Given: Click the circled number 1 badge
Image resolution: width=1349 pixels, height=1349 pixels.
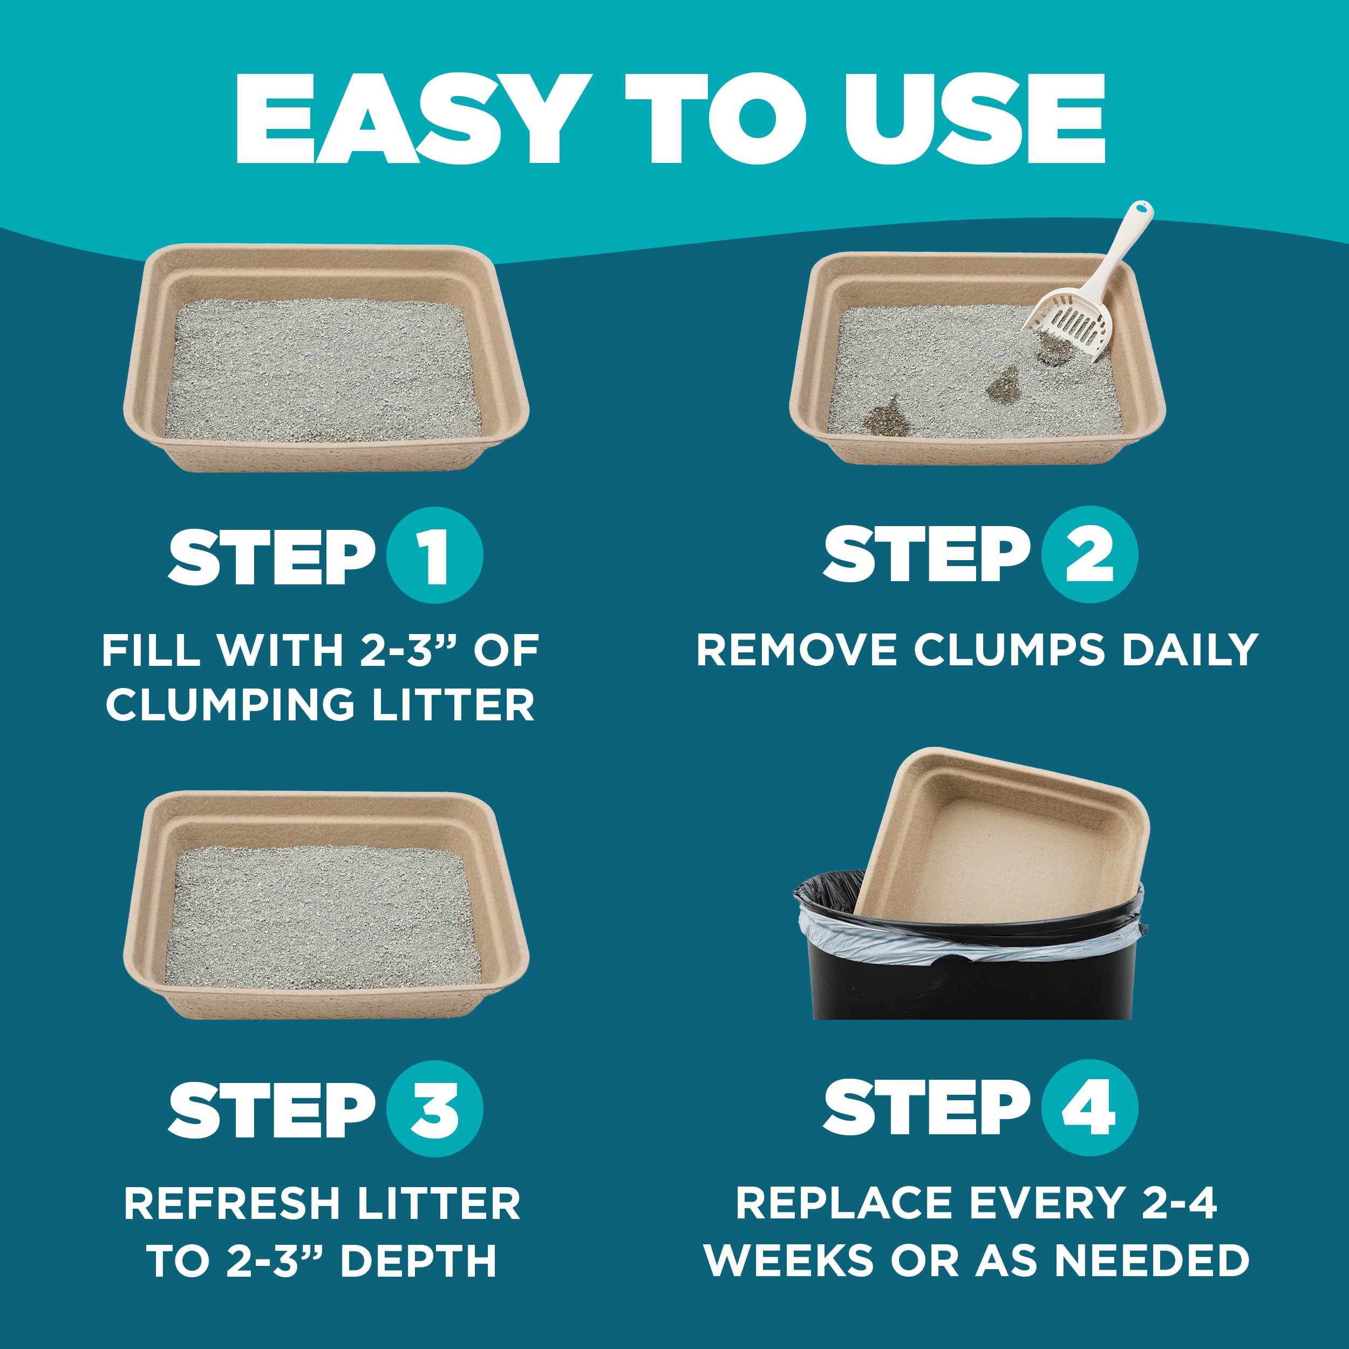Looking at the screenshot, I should click(434, 555).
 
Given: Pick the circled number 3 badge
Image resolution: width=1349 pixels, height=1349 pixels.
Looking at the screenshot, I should click(434, 1109).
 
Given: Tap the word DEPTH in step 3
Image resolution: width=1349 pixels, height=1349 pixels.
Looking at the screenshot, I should click(419, 1261).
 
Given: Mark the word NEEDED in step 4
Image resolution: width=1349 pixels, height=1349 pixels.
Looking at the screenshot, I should click(1152, 1261).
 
